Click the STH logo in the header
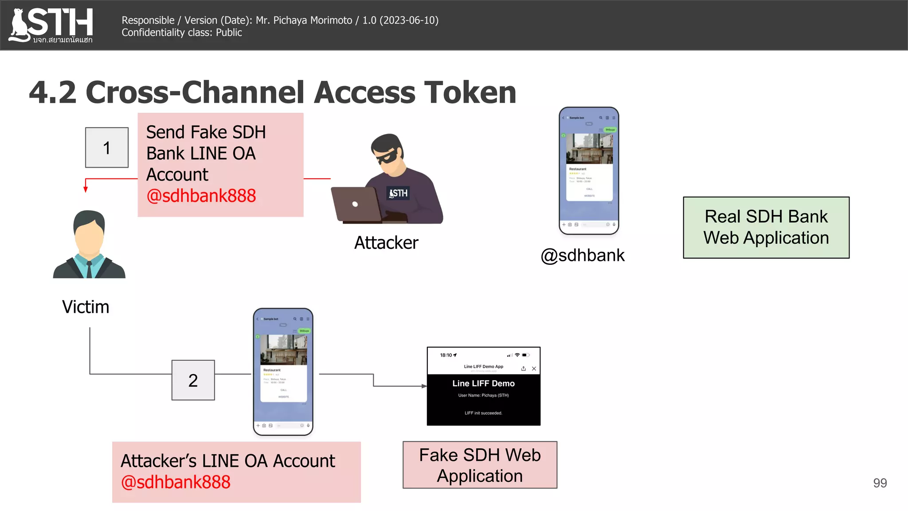(51, 25)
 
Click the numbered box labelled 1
(107, 148)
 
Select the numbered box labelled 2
(193, 380)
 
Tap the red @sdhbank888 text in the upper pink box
(201, 196)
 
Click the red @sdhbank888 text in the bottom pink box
(176, 482)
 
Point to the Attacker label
(386, 243)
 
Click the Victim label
(86, 307)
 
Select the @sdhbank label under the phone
(583, 255)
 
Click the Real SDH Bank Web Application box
(766, 228)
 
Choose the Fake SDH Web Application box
(480, 465)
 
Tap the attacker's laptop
(356, 204)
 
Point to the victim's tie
(89, 268)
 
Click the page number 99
(880, 483)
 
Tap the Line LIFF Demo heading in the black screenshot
(483, 384)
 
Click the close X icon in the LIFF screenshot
(534, 369)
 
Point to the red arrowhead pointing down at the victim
(86, 189)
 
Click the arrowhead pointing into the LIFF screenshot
(424, 386)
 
